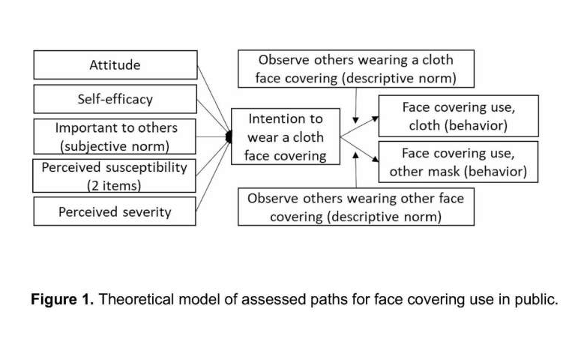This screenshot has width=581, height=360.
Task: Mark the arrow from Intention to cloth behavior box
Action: [x=359, y=127]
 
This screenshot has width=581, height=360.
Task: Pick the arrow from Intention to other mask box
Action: [x=359, y=149]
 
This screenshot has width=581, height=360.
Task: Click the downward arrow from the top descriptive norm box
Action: [x=355, y=106]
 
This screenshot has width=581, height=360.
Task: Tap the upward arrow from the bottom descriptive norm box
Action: [x=355, y=169]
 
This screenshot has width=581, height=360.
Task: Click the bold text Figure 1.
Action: [x=62, y=299]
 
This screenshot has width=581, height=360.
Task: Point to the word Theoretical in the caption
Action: [x=136, y=299]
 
